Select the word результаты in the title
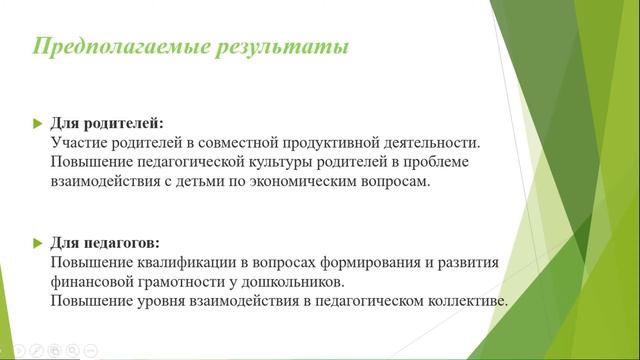tap(282, 46)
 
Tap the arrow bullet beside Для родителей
tap(38, 123)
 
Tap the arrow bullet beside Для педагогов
tap(38, 244)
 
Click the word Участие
tap(78, 143)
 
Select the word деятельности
tap(430, 143)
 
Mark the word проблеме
tap(436, 162)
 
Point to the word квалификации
tap(187, 262)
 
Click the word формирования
tap(370, 262)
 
